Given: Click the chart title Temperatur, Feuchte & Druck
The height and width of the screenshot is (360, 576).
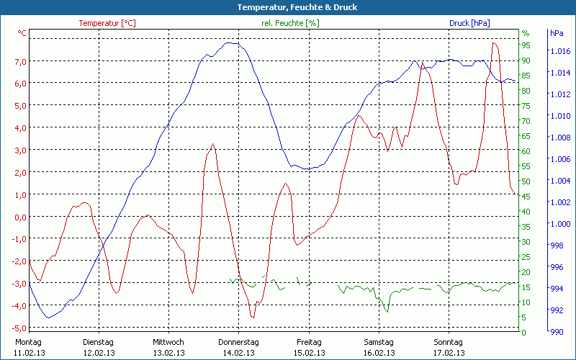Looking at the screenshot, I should (x=287, y=7).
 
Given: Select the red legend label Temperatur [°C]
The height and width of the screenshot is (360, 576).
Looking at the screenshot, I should (x=107, y=23).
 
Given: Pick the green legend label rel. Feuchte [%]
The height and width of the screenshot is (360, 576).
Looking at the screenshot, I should (x=291, y=23).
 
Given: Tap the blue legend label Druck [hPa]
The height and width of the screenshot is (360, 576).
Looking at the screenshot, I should (x=469, y=23).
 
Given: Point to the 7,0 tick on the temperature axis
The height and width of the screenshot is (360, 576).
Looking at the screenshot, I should (x=19, y=61).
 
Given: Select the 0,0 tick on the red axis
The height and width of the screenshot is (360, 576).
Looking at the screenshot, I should (x=19, y=217).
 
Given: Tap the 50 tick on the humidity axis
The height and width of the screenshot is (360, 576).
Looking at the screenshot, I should (x=526, y=181).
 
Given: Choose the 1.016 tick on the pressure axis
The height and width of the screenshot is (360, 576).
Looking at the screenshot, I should (x=559, y=51).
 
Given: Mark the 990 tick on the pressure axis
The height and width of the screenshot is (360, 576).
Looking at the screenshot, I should (x=557, y=332).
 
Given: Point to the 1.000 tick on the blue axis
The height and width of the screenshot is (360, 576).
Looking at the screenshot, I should (x=559, y=224).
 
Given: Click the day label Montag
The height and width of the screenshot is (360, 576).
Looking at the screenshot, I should (x=29, y=342).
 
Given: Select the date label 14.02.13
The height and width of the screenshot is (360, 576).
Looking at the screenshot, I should (x=238, y=353).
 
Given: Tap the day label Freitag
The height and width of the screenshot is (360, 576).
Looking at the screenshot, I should (x=308, y=342).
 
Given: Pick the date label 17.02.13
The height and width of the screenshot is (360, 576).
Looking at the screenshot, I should (x=449, y=353).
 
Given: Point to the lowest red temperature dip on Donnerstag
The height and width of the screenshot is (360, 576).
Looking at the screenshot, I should (x=252, y=317).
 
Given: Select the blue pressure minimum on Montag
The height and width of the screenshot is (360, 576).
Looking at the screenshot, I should (x=48, y=318).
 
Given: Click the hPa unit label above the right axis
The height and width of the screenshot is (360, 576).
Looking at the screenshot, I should (x=557, y=33).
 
